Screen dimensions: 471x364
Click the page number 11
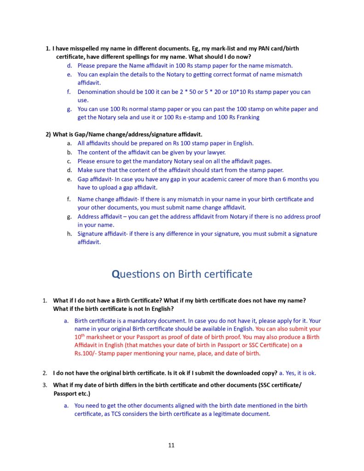[171, 445]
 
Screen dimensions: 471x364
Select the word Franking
[246, 117]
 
